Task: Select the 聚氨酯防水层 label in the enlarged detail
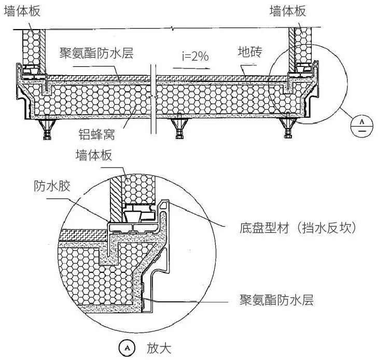tap(276, 300)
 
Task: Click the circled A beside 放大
tap(126, 348)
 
